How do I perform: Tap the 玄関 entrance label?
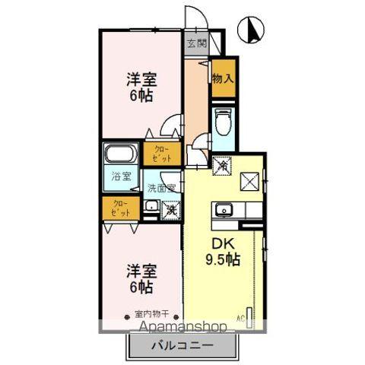pyautogui.click(x=195, y=43)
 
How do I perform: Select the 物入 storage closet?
pyautogui.click(x=222, y=79)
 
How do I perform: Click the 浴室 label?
pyautogui.click(x=122, y=177)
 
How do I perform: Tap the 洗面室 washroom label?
pyautogui.click(x=161, y=188)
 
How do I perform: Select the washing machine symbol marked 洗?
pyautogui.click(x=172, y=208)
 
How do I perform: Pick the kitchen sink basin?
pyautogui.click(x=224, y=211)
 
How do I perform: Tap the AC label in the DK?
pyautogui.click(x=242, y=317)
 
